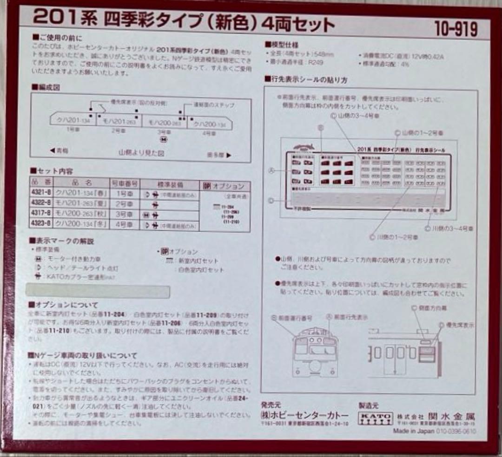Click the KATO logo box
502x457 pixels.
coord(375,418)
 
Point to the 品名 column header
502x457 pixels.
coord(82,183)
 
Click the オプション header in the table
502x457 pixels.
coord(224,186)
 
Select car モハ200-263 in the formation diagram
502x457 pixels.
coord(165,123)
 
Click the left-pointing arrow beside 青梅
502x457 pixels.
coord(52,151)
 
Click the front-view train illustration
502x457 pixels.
coord(312,352)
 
